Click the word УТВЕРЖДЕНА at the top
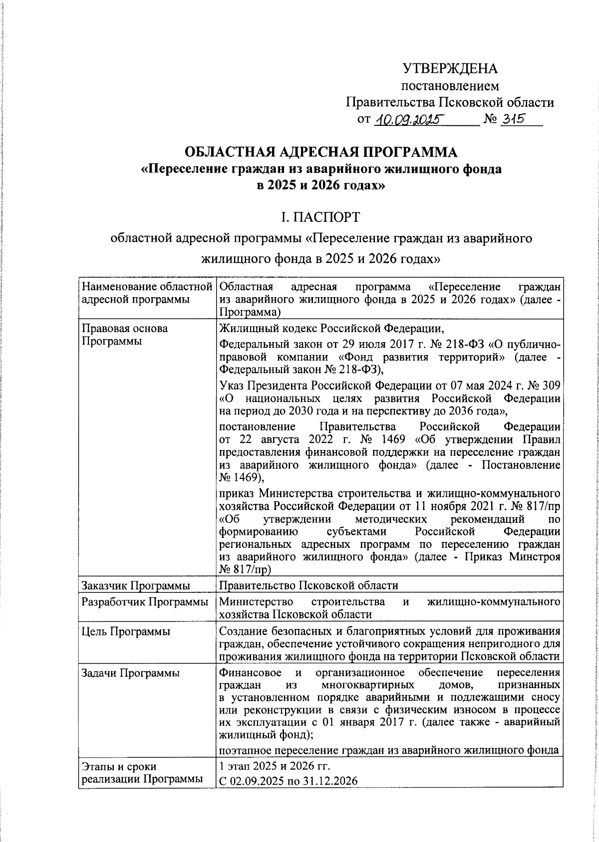click(x=450, y=68)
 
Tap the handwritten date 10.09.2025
click(x=409, y=120)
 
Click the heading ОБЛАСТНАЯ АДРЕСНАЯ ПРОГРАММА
click(x=321, y=152)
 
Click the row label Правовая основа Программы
click(x=124, y=335)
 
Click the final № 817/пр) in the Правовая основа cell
click(x=245, y=569)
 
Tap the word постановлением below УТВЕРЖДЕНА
click(x=450, y=86)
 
